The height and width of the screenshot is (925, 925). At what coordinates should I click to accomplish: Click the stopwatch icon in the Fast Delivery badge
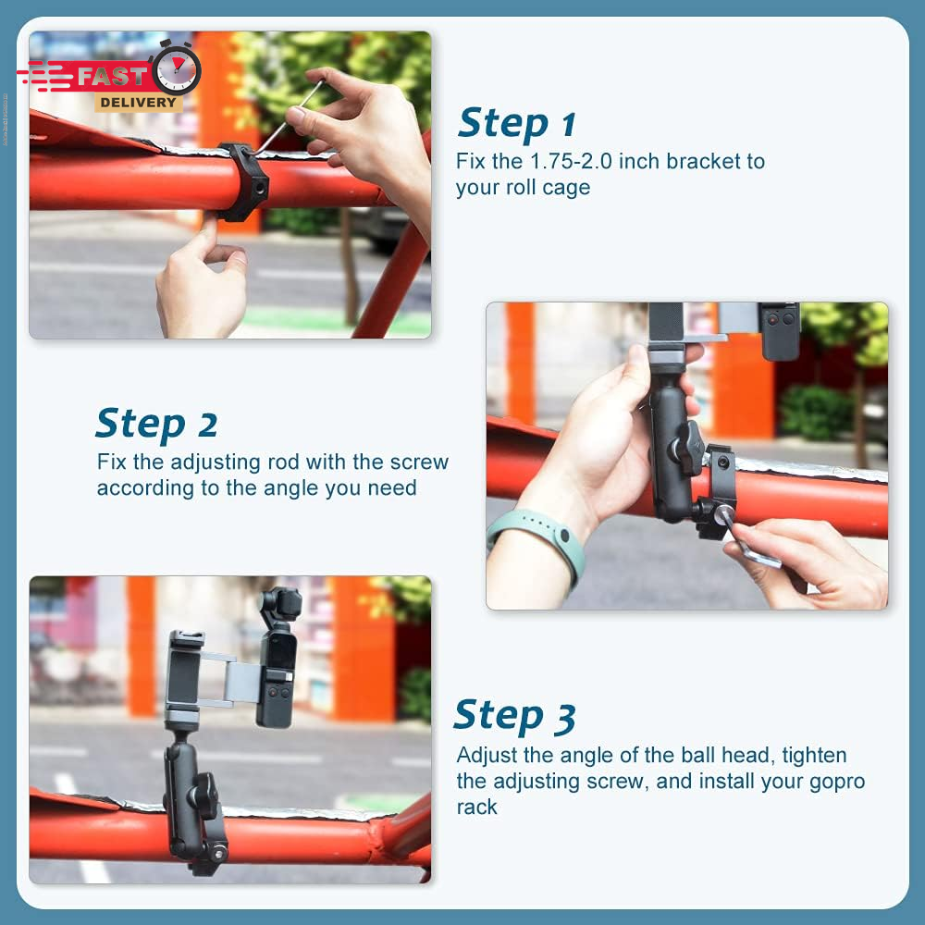176,69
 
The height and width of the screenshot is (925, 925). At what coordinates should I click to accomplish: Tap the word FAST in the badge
112,76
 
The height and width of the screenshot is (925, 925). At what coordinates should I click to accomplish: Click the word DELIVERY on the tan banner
138,102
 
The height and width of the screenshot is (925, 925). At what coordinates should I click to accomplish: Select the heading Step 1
517,124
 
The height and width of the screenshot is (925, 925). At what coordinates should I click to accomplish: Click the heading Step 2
156,424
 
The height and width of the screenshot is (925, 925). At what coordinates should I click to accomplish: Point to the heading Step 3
514,716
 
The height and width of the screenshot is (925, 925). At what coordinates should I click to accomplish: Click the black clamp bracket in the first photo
241,181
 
